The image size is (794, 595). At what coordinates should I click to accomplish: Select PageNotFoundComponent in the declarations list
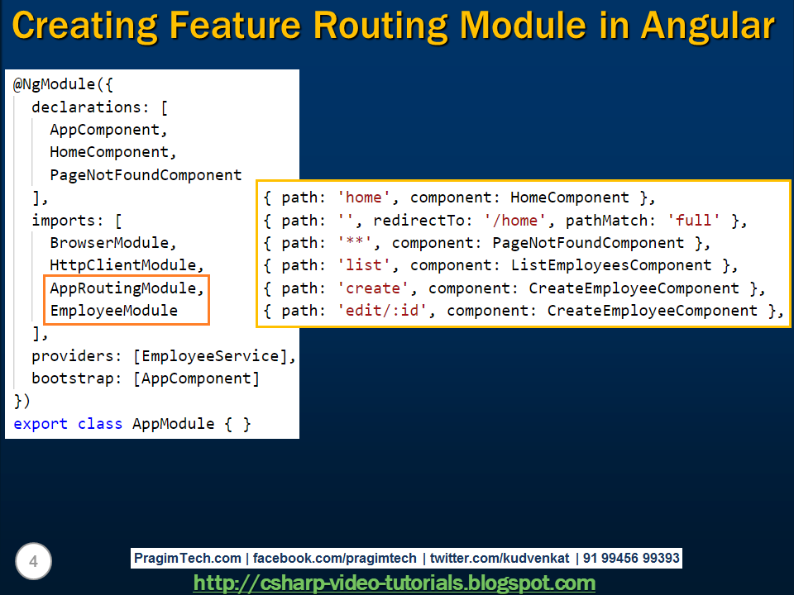(x=146, y=175)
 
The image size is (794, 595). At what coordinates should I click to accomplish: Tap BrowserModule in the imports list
(x=113, y=243)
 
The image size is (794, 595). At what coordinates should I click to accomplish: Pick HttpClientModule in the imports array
(x=127, y=265)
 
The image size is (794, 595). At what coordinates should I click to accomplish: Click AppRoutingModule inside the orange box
(x=127, y=288)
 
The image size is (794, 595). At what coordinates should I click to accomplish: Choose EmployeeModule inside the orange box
(x=113, y=311)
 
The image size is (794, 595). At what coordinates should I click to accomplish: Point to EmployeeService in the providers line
(x=210, y=356)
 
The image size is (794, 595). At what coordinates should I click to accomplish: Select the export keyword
(x=41, y=424)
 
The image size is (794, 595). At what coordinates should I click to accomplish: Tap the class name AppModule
(x=173, y=424)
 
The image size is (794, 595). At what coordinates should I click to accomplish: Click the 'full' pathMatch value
(x=698, y=221)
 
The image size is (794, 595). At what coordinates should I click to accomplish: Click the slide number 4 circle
(x=33, y=562)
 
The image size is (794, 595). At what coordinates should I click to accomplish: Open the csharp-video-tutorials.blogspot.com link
(x=394, y=583)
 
